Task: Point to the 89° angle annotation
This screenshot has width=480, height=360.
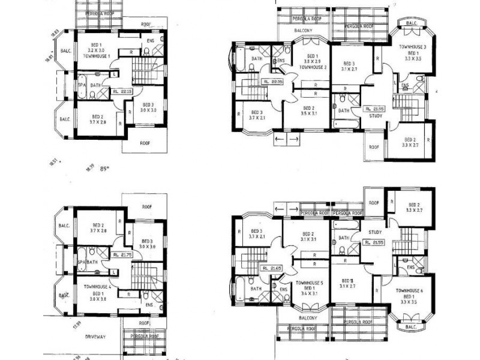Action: [x=107, y=169]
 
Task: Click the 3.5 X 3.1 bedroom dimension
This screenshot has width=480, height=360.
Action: [x=307, y=112]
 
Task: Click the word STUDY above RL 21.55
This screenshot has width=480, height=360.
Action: [x=376, y=232]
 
